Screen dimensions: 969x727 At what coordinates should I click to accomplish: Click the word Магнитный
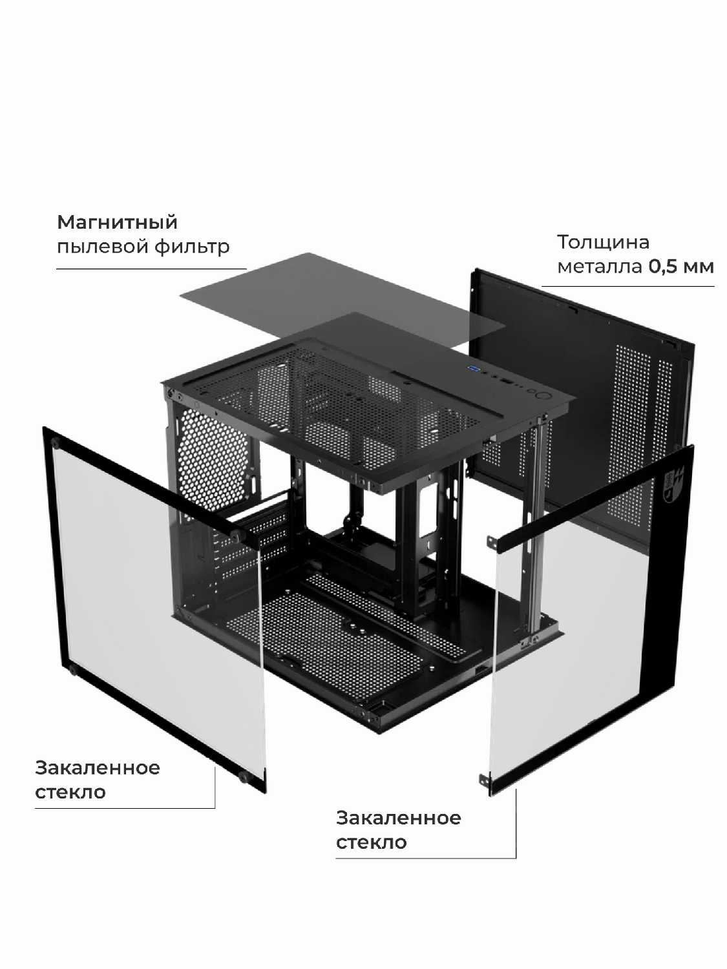(x=117, y=222)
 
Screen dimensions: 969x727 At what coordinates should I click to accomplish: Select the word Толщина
(x=603, y=242)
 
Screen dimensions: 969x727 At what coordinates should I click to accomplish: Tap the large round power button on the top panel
(x=542, y=395)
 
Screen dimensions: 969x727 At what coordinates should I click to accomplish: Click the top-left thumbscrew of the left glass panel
(x=56, y=443)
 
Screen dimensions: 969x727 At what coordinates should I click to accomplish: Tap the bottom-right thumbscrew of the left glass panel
(x=244, y=776)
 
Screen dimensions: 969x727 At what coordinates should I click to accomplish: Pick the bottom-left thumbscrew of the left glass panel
(x=73, y=669)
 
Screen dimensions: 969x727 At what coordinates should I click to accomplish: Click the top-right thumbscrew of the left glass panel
(x=237, y=534)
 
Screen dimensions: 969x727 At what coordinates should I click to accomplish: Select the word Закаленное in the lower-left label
(x=98, y=768)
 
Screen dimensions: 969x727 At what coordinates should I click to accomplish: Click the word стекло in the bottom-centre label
(x=371, y=842)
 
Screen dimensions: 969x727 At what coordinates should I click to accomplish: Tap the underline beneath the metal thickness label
(x=627, y=286)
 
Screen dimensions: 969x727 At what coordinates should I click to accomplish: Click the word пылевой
(x=102, y=247)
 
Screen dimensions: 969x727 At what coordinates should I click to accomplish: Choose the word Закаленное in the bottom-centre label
(x=398, y=818)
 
